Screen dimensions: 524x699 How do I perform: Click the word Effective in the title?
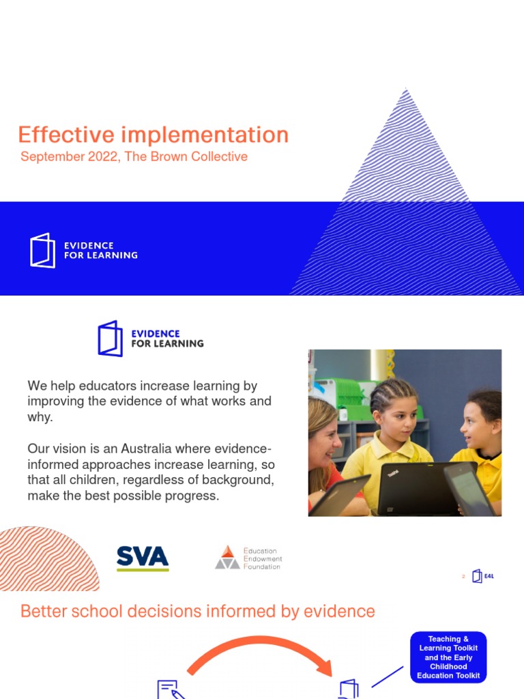click(66, 134)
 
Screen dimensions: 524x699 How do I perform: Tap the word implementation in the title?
click(205, 134)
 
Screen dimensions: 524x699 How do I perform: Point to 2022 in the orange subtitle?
click(102, 156)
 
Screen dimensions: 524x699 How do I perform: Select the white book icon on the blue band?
click(43, 250)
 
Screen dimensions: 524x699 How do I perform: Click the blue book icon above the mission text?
click(110, 339)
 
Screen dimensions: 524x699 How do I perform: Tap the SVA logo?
click(143, 558)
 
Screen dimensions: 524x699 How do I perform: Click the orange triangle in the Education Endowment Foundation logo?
click(228, 552)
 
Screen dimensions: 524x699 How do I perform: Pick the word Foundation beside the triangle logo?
click(262, 567)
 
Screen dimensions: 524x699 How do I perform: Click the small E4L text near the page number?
click(489, 576)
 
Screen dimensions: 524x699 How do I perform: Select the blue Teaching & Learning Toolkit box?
click(448, 657)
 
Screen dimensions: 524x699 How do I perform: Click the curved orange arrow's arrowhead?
click(325, 667)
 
